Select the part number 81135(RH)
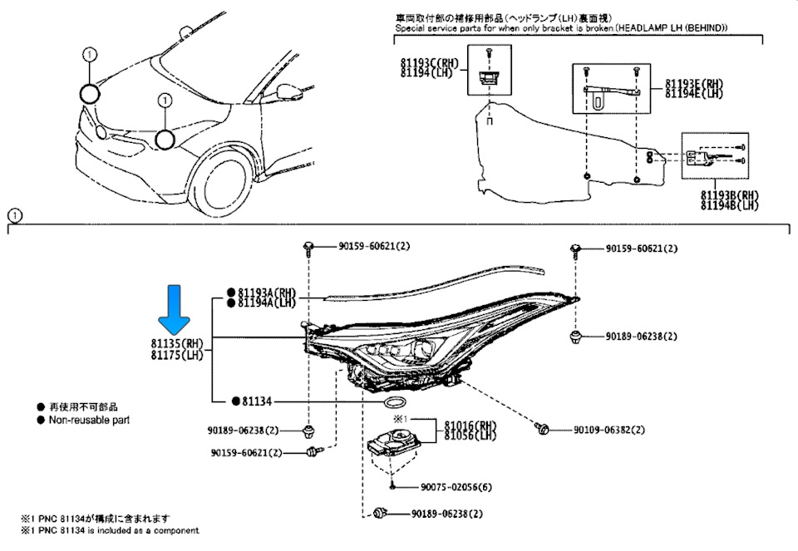click(x=177, y=343)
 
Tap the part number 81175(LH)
click(x=177, y=356)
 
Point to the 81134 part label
click(x=258, y=401)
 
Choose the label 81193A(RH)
click(x=267, y=293)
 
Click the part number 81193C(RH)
click(x=430, y=62)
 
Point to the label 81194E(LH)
click(x=694, y=94)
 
